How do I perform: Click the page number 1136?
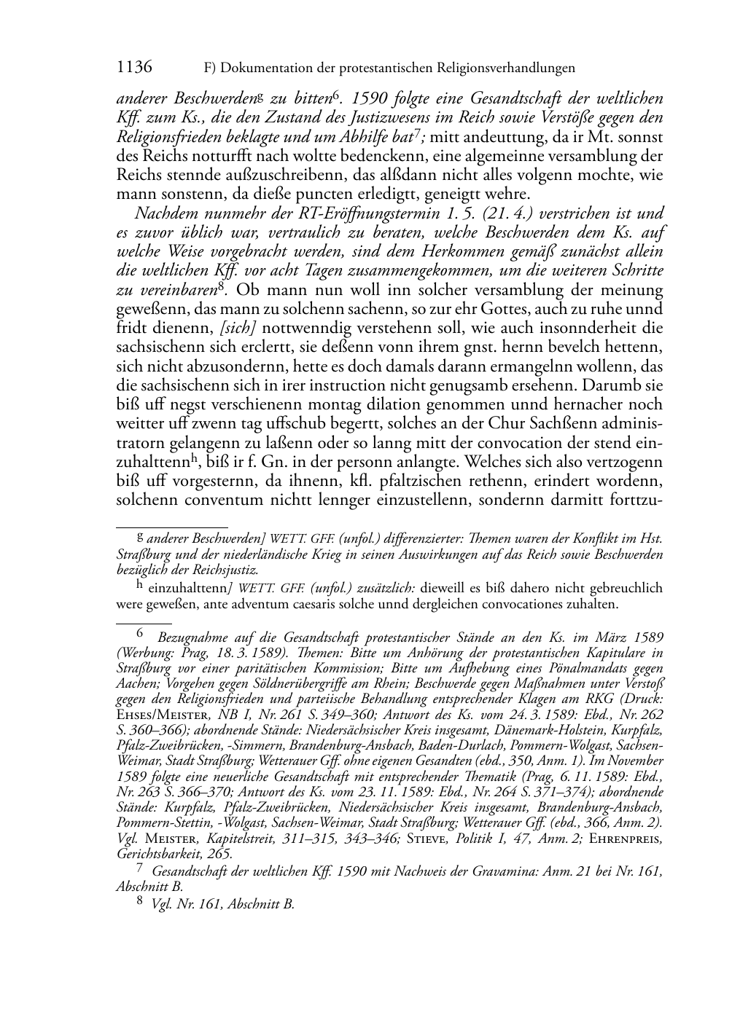pos(134,68)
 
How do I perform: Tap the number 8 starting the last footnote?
pos(141,903)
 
